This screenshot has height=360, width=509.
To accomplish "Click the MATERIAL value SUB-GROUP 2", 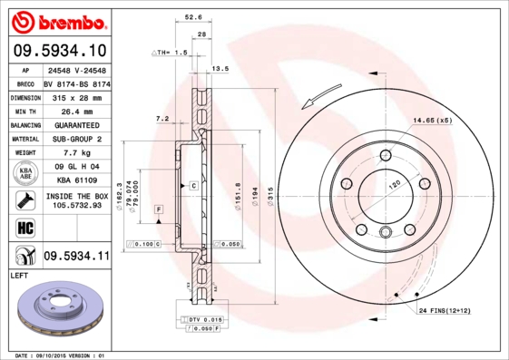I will pos(76,140).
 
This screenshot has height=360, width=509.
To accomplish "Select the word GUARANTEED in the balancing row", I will pos(76,125).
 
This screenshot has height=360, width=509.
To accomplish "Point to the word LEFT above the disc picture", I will pos(20,274).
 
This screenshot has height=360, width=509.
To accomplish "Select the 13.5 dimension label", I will pos(220,69).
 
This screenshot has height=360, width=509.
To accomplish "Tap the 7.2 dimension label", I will pos(162,119).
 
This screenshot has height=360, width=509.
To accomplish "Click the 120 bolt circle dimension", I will pos(395,184).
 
